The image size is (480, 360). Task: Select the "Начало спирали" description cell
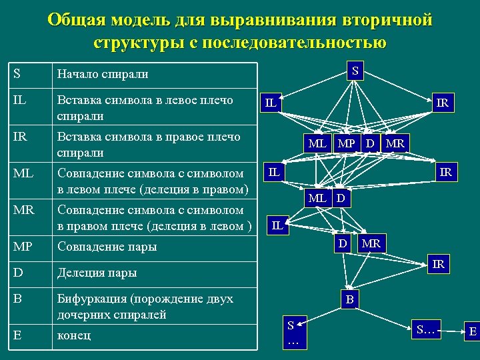pos(155,74)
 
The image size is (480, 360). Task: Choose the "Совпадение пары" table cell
pos(155,246)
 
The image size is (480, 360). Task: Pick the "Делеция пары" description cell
pos(155,272)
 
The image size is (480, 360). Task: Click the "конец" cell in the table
pos(155,335)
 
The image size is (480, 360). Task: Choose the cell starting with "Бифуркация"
pos(155,306)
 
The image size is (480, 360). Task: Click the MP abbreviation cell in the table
pos(31,246)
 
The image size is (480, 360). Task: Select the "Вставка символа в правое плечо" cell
pos(155,144)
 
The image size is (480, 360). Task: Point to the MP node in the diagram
pos(345,143)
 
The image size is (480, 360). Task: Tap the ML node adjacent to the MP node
pos(317,143)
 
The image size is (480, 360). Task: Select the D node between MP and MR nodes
pos(370,143)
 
